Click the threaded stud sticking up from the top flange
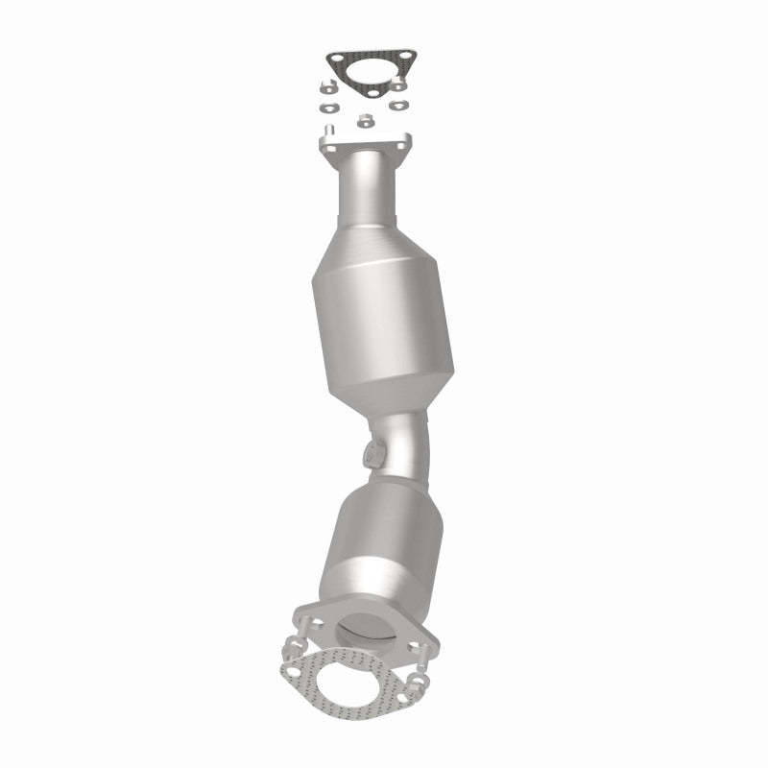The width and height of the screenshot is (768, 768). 330,130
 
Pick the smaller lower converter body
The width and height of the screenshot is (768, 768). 378,538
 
